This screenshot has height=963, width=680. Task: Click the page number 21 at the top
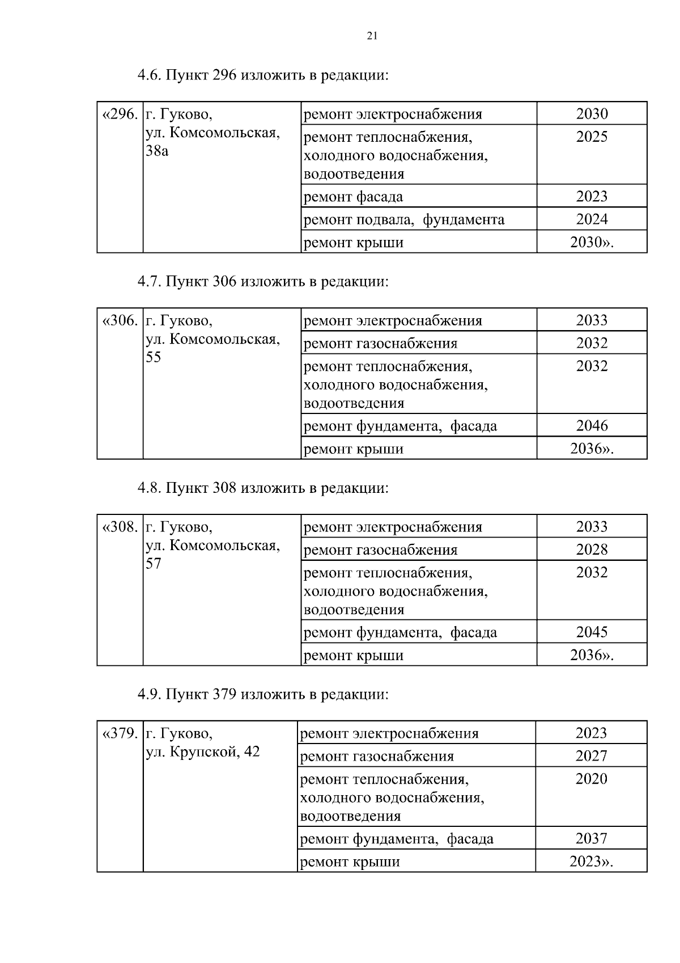(372, 36)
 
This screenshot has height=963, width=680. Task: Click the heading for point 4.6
(263, 75)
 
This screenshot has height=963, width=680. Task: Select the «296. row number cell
(120, 115)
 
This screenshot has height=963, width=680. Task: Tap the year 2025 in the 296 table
(592, 137)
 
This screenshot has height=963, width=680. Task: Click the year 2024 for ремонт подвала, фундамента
(592, 219)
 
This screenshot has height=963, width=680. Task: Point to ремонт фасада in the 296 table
(353, 197)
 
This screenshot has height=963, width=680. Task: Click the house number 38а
(157, 151)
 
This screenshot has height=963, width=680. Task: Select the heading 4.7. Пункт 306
(263, 281)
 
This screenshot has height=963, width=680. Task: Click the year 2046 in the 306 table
(592, 426)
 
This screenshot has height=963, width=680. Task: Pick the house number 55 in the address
(154, 357)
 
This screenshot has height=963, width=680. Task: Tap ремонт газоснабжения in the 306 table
(380, 344)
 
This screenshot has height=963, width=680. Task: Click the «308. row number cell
(120, 527)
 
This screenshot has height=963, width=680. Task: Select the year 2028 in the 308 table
(592, 550)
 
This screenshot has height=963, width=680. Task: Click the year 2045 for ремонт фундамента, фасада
(592, 632)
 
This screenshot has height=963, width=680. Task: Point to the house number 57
(154, 564)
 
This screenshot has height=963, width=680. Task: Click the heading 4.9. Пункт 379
(263, 694)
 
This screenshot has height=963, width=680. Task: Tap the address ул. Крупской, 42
(203, 752)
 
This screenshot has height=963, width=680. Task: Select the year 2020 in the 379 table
(591, 779)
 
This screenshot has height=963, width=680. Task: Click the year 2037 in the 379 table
(591, 839)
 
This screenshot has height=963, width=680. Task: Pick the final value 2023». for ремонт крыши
(591, 861)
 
